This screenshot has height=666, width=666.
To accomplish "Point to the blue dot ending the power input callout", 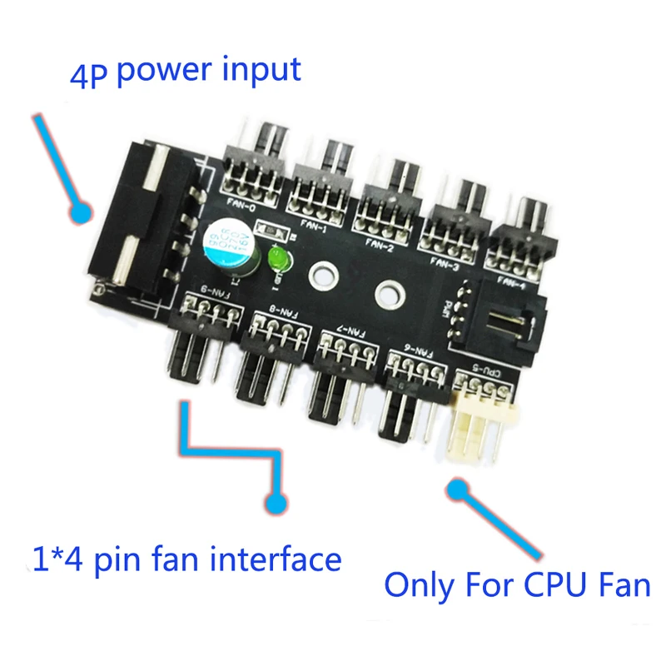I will coord(81,214).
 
